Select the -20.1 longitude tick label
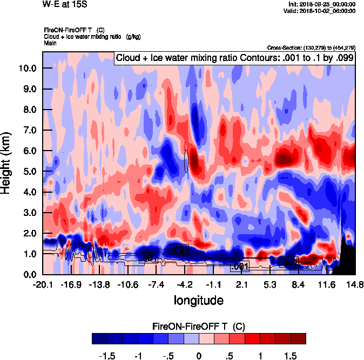tap(43, 284)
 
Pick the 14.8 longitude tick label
tap(355, 284)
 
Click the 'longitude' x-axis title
tap(198, 300)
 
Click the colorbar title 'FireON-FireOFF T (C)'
tap(199, 327)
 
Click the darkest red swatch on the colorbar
tap(298, 338)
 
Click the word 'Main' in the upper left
tap(50, 43)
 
